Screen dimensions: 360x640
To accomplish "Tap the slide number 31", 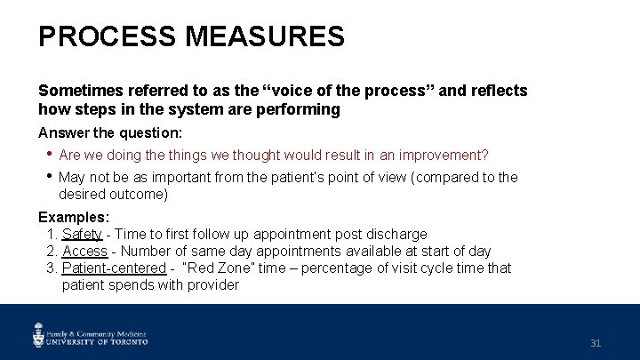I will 596,342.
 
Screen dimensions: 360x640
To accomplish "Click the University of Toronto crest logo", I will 39,334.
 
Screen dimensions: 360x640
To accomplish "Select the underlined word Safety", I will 83,235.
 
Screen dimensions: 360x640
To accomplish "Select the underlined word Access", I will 85,252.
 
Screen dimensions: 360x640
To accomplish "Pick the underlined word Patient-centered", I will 114,268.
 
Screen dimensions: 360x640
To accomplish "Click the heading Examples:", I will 74,217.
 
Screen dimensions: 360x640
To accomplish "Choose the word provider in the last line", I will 212,285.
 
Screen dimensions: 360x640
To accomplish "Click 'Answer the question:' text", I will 109,132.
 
